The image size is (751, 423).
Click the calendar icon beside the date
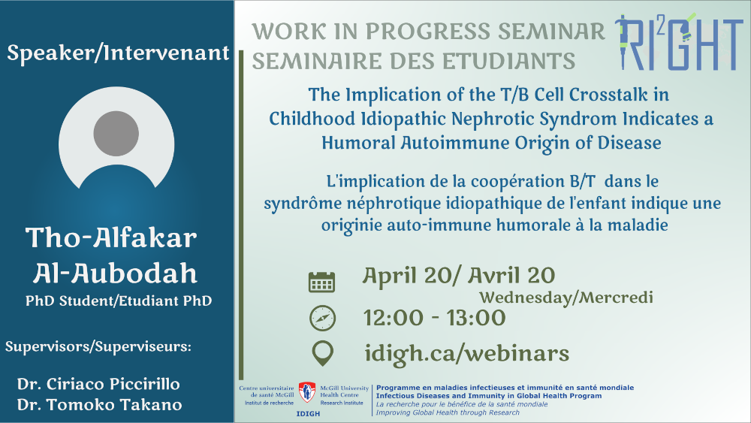(x=321, y=282)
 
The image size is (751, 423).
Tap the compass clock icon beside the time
(x=322, y=318)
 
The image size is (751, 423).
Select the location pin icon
(x=322, y=354)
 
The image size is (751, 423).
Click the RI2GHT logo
(x=679, y=43)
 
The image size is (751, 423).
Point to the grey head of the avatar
(x=116, y=134)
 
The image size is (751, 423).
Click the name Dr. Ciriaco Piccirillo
(x=98, y=384)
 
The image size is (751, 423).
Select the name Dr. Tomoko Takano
(x=100, y=405)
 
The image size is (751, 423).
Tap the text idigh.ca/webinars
(x=467, y=354)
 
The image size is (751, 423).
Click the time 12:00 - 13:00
(x=435, y=318)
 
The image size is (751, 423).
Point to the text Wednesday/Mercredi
(x=566, y=298)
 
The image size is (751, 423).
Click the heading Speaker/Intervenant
(x=119, y=53)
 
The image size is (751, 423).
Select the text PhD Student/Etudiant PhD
(x=119, y=301)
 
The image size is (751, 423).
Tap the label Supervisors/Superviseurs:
(x=98, y=346)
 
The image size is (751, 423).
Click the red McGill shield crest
(x=307, y=392)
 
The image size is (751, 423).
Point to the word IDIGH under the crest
(x=308, y=414)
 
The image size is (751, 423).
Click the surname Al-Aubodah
(x=115, y=273)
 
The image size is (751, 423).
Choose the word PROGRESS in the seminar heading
(x=428, y=32)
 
